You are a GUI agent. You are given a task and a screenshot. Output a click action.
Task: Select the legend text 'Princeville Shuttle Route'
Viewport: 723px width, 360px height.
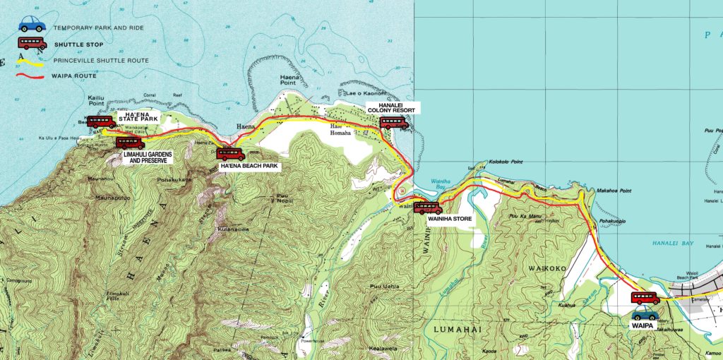point(109,61)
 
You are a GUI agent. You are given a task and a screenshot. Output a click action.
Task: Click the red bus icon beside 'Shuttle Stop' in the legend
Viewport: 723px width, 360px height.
point(32,44)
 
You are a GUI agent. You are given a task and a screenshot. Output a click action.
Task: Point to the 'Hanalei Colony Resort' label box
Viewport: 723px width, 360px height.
point(393,108)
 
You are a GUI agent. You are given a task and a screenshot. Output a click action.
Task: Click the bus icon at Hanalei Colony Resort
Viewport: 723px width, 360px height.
point(393,123)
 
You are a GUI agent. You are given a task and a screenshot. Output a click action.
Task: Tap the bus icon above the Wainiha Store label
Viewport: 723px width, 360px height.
point(428,208)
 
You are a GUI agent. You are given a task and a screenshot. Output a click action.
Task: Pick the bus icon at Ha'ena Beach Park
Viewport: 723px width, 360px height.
point(231,154)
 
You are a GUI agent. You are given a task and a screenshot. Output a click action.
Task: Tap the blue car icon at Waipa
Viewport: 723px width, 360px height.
point(645,312)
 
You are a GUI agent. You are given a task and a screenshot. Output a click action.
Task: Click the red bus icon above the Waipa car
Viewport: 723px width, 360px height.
point(645,298)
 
